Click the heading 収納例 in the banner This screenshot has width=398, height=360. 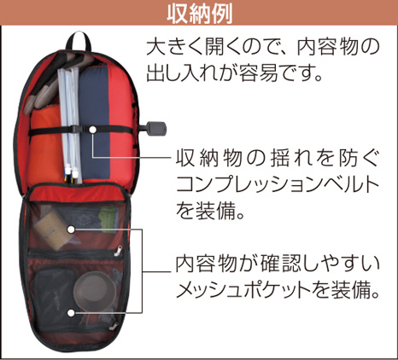(200, 13)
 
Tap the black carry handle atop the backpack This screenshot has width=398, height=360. (78, 38)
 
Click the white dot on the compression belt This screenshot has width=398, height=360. (93, 130)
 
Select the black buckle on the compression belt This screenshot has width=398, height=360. (77, 130)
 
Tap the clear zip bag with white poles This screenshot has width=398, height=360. (69, 125)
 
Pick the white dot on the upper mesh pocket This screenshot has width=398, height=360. (71, 229)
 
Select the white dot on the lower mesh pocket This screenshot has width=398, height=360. (71, 313)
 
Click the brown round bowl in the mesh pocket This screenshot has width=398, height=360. (95, 289)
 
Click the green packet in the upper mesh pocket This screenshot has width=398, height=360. (108, 220)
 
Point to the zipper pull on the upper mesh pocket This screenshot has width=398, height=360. (118, 250)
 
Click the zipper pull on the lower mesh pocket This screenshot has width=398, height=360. (114, 326)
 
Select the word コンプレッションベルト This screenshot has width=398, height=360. (278, 185)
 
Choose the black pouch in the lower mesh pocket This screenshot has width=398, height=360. (54, 293)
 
